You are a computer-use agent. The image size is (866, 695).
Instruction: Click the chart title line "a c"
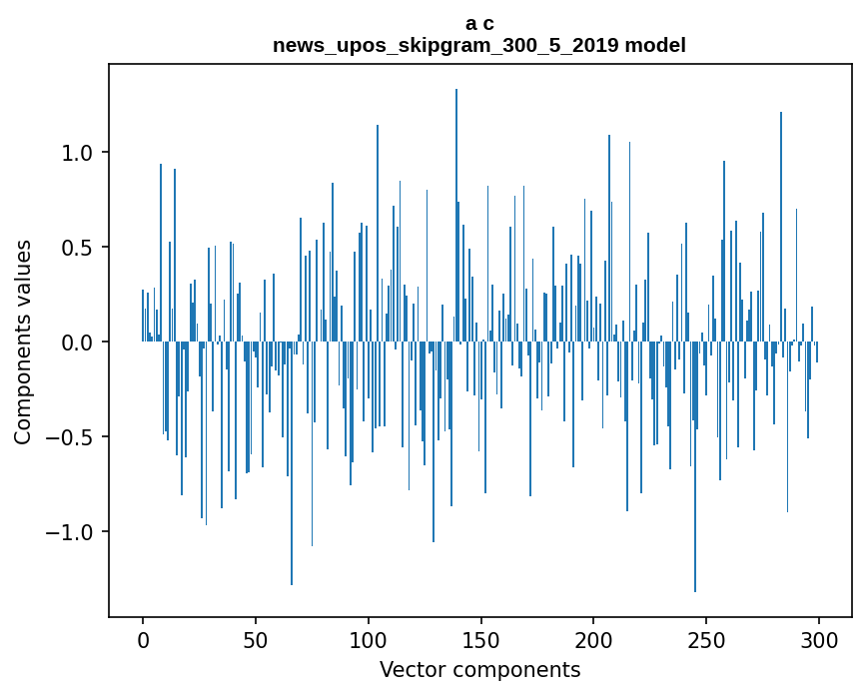click(x=479, y=23)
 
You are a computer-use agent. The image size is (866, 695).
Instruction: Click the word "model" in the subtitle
click(x=655, y=45)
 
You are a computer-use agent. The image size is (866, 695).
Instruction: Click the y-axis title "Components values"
click(x=23, y=342)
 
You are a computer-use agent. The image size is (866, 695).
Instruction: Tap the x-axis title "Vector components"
click(x=479, y=669)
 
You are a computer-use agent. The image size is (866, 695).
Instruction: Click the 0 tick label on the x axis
click(x=143, y=640)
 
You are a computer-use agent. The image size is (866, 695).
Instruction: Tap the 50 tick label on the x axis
click(x=256, y=640)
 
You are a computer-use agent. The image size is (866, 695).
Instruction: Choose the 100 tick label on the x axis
click(x=369, y=640)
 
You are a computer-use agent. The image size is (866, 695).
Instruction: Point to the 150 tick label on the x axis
click(x=481, y=640)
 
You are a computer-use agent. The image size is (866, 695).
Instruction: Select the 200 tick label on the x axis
click(x=594, y=640)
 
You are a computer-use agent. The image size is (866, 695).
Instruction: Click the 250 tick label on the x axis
click(x=707, y=640)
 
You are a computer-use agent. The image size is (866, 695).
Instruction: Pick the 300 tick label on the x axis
click(x=820, y=640)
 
